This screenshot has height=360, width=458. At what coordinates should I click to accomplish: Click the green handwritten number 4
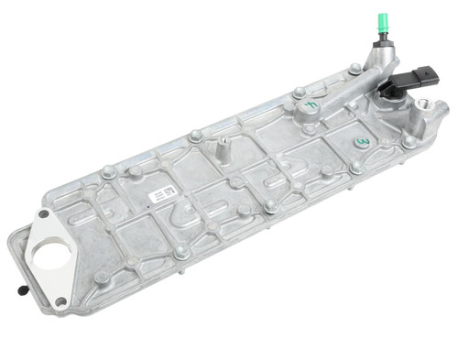click(x=311, y=106)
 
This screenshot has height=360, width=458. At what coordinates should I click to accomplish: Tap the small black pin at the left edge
click(x=20, y=291)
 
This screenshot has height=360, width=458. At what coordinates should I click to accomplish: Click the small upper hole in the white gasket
click(x=41, y=217)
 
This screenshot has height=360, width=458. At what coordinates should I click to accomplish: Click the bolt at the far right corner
click(x=409, y=142)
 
